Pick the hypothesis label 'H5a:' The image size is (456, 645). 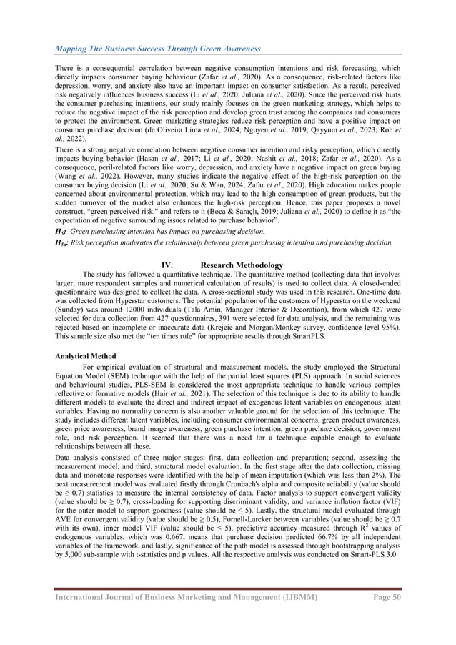coord(63,242)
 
